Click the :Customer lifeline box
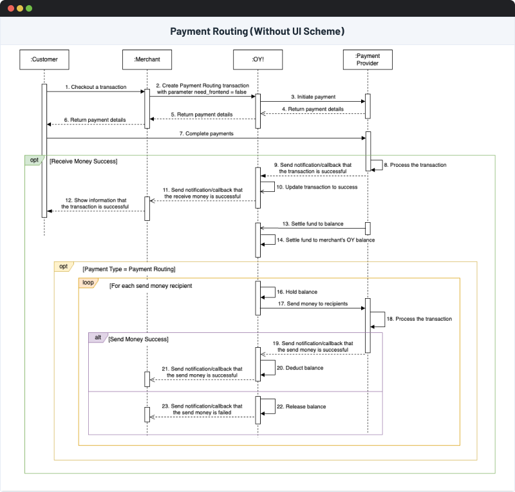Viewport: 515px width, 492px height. coord(44,59)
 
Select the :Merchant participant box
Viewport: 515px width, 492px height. coord(147,59)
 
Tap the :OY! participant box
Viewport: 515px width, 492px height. coord(257,59)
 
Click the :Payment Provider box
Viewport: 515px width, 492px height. coord(368,59)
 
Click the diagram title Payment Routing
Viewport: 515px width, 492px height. coord(257,31)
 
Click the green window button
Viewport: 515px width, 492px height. coord(29,8)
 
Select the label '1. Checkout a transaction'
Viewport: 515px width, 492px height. coord(95,87)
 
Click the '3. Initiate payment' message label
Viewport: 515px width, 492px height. coord(312,97)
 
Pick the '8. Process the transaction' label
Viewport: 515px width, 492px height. coord(415,165)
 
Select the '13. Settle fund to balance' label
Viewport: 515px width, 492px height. coord(312,223)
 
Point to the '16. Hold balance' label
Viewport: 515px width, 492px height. coord(297,292)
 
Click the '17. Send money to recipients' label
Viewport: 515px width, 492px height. coord(313,303)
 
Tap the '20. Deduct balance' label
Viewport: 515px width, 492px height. coord(299,368)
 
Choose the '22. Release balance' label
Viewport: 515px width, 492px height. coord(301,406)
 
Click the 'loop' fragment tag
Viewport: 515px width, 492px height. coord(88,282)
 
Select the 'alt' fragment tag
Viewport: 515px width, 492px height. coord(97,337)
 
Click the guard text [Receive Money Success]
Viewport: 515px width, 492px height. coord(83,161)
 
